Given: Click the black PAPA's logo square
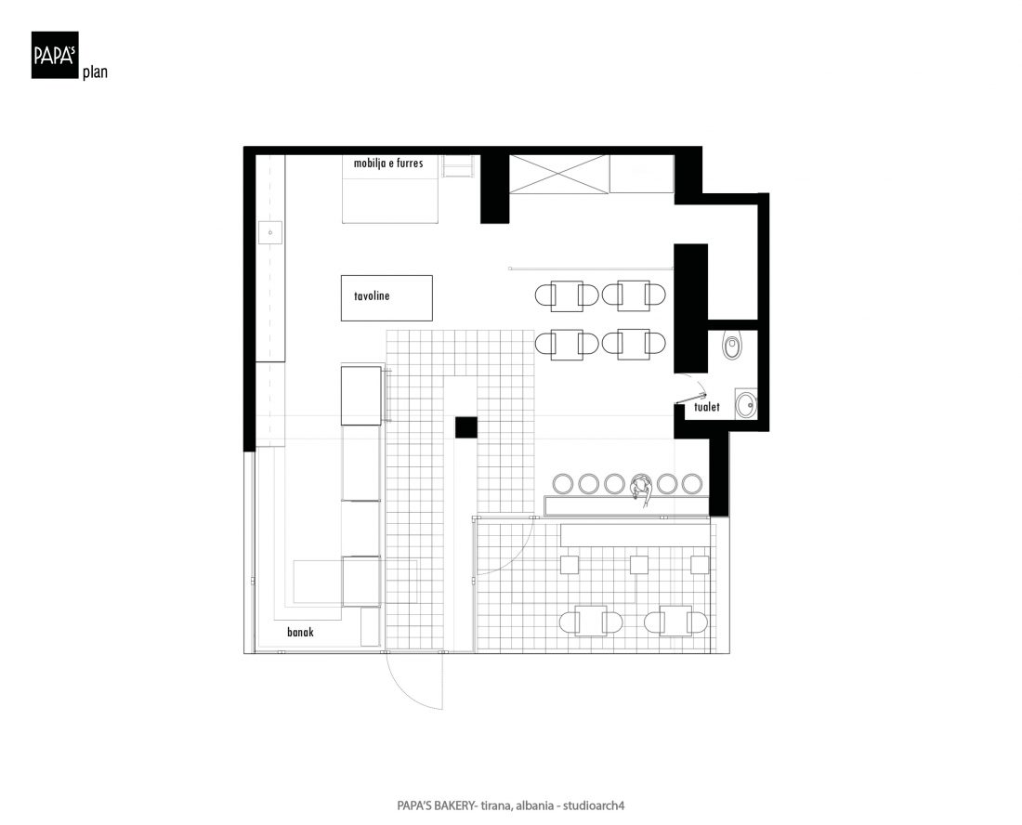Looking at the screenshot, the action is pyautogui.click(x=55, y=56).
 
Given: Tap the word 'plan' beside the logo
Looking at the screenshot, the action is pyautogui.click(x=95, y=72).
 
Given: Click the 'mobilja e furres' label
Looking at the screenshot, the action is pyautogui.click(x=388, y=163).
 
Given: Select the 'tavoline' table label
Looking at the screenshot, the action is pyautogui.click(x=372, y=295).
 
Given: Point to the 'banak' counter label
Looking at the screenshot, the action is pyautogui.click(x=300, y=632).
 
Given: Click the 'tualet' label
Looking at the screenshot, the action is pyautogui.click(x=706, y=407).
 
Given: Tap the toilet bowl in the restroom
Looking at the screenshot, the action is pyautogui.click(x=733, y=347).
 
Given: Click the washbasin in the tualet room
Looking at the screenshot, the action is pyautogui.click(x=746, y=404).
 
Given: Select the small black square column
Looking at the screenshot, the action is pyautogui.click(x=466, y=427).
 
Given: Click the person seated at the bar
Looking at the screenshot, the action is pyautogui.click(x=641, y=488).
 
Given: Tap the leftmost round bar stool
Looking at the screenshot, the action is pyautogui.click(x=562, y=483).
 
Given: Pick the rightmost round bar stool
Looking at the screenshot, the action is pyautogui.click(x=691, y=483).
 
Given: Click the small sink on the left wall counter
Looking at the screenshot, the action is pyautogui.click(x=270, y=232).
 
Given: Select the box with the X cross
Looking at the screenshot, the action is pyautogui.click(x=558, y=174).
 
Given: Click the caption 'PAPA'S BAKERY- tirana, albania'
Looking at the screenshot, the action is pyautogui.click(x=475, y=805).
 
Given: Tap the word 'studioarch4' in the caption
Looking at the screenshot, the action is pyautogui.click(x=594, y=805).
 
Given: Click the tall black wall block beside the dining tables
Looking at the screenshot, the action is pyautogui.click(x=690, y=308).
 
